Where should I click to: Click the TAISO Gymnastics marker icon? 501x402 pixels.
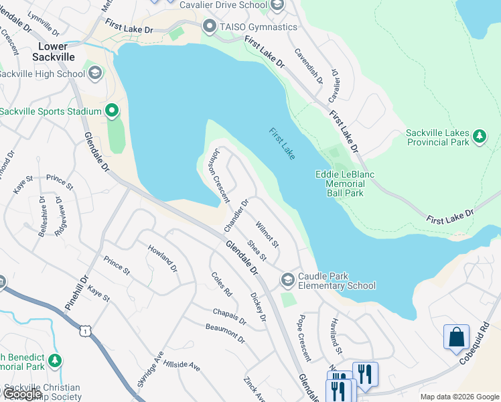point(209,27)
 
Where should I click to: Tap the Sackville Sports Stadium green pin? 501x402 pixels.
point(111,111)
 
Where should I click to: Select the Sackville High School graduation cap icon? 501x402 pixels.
point(94,73)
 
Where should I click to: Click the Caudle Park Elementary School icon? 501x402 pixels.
point(288,279)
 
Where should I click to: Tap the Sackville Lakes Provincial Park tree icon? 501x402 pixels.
point(479,137)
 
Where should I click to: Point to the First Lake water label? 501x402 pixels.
point(282,143)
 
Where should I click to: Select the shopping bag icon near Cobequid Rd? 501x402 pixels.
point(456,336)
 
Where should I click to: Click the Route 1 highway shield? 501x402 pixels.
point(85,330)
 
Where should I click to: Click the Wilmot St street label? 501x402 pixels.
point(267,228)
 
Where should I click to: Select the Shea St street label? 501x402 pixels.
point(257,251)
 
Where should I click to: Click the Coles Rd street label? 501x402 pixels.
point(221,284)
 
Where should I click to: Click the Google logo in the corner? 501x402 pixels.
point(23,394)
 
